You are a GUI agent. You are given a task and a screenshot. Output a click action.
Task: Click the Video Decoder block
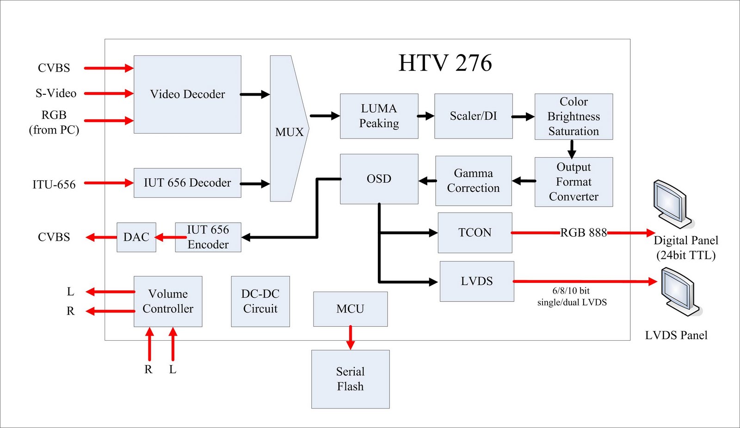(x=187, y=94)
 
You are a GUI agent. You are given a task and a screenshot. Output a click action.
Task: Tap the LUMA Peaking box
(x=379, y=116)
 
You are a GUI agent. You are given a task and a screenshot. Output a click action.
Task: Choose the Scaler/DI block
(x=473, y=116)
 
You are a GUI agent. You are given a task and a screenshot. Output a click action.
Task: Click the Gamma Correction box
(x=473, y=181)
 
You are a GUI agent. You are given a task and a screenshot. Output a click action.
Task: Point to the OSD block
(x=379, y=179)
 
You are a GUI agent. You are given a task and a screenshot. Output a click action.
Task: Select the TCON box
(x=475, y=232)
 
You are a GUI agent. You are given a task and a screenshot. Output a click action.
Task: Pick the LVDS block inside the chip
(x=476, y=281)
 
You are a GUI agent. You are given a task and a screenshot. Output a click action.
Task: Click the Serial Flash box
(x=350, y=379)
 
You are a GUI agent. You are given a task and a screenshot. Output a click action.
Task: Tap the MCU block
(x=350, y=309)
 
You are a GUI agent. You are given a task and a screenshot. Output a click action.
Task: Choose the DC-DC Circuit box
(x=260, y=301)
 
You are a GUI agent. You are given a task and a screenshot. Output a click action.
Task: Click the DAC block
(x=136, y=237)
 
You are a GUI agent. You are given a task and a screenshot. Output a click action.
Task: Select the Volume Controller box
(x=168, y=301)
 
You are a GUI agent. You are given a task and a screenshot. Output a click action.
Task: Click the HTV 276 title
(x=445, y=63)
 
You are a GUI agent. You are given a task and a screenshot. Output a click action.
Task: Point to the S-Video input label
(x=56, y=93)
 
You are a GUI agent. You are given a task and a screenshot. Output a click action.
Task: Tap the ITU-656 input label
(x=54, y=184)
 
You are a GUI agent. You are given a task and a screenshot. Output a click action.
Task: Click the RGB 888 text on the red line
(x=583, y=232)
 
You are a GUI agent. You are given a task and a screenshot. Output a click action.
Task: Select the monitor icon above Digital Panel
(x=672, y=203)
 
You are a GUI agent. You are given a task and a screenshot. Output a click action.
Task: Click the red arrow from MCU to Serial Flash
(x=350, y=337)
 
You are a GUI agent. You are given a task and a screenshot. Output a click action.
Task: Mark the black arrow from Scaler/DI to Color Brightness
(x=523, y=117)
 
